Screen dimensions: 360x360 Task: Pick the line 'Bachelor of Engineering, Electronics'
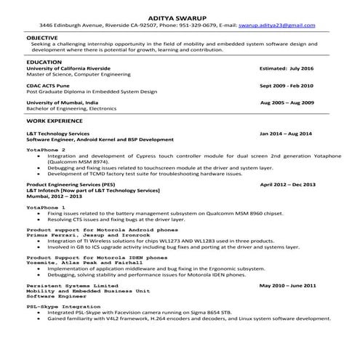[x=71, y=109]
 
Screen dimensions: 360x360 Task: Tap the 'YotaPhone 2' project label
[x=46, y=149]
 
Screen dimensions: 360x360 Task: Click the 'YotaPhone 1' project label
[x=46, y=207]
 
